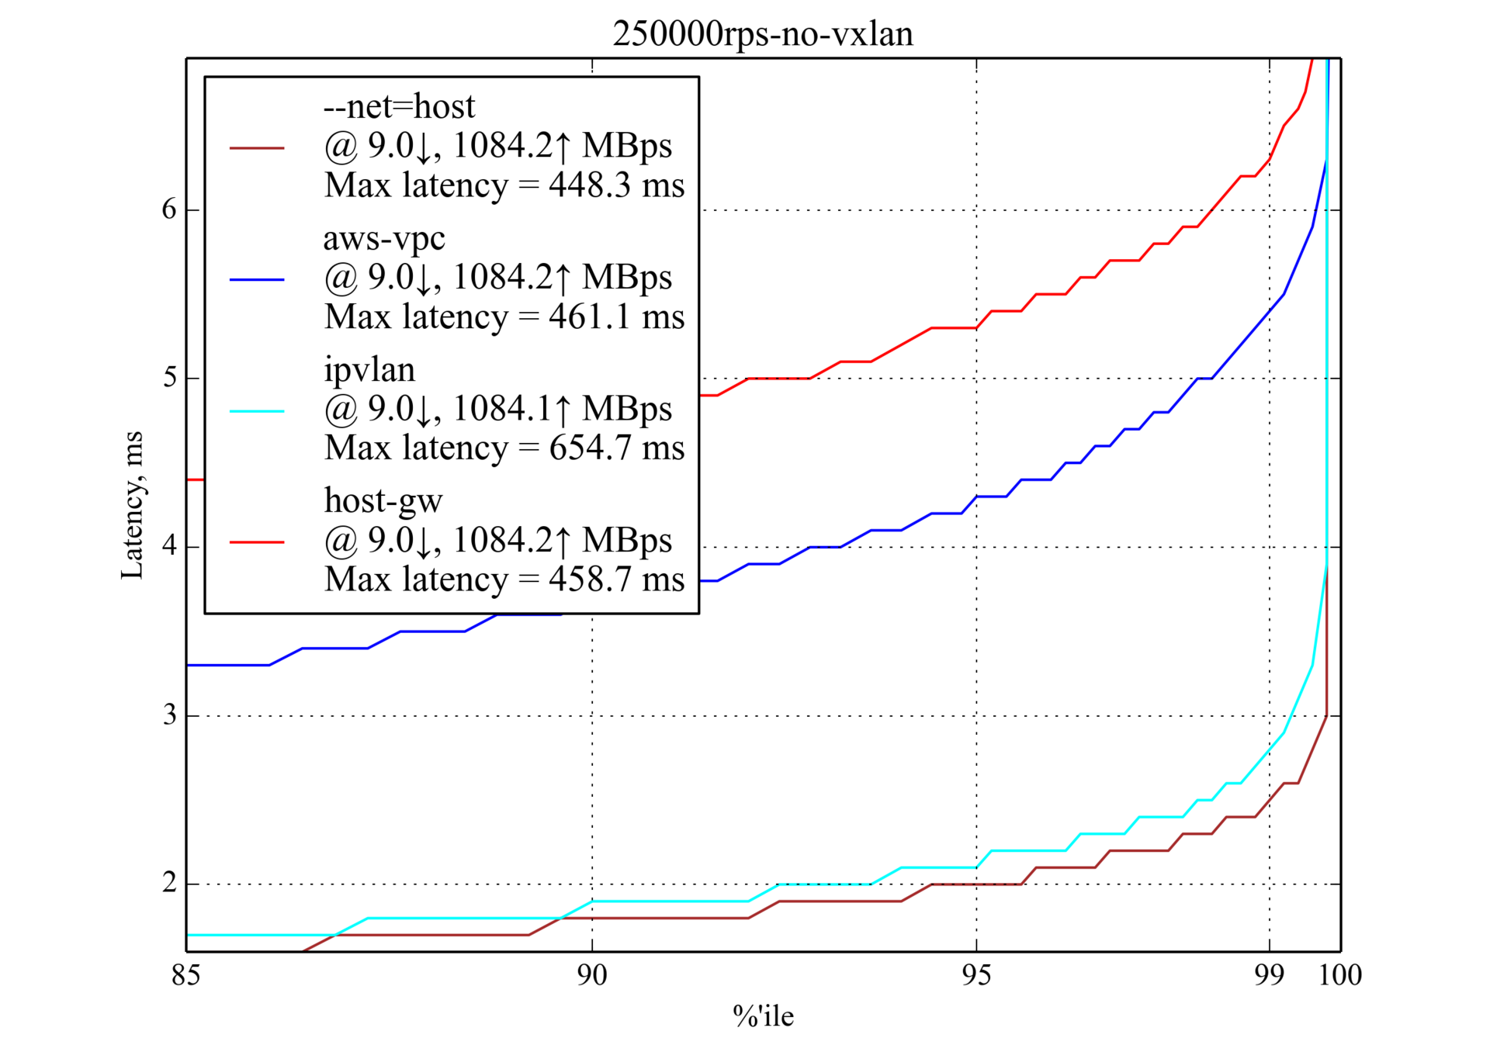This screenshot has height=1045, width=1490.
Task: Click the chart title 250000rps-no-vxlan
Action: click(x=762, y=34)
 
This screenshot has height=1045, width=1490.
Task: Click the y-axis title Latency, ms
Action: click(x=132, y=505)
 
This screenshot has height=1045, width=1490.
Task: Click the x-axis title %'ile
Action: click(x=763, y=1016)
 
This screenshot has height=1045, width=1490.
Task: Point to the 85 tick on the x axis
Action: click(x=186, y=975)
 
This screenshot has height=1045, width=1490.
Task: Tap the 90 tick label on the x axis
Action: click(x=592, y=975)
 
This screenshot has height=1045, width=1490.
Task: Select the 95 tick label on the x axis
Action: click(x=976, y=975)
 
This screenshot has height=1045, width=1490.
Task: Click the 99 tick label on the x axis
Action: click(x=1269, y=975)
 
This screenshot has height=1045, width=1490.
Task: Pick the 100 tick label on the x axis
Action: click(x=1340, y=975)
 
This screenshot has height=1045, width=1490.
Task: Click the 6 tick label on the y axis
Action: click(x=169, y=209)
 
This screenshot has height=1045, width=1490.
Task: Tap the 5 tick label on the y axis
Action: click(x=169, y=378)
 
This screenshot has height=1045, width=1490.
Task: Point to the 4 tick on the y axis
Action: click(x=169, y=546)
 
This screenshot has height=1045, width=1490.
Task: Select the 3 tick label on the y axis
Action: click(x=169, y=715)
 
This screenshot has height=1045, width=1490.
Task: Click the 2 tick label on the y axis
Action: click(x=169, y=883)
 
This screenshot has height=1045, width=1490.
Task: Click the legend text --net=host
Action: click(x=399, y=106)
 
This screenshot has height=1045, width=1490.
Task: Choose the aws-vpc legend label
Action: click(x=384, y=237)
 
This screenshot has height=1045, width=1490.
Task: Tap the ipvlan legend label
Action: click(x=369, y=369)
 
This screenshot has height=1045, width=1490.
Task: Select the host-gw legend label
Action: click(x=383, y=500)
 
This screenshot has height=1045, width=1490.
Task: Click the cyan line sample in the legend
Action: click(x=257, y=410)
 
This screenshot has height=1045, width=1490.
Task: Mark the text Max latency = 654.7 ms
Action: click(x=504, y=448)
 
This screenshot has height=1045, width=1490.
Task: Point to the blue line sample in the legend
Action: click(x=257, y=279)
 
